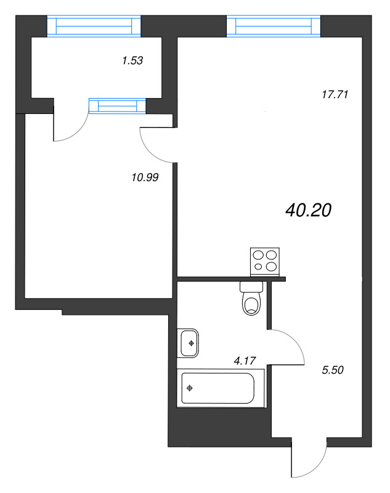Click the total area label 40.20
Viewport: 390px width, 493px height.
click(309, 211)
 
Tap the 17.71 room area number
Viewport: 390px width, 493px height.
click(336, 95)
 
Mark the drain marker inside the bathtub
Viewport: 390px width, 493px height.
click(190, 388)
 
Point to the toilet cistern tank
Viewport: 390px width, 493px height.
click(251, 287)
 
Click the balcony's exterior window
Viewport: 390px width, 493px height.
click(94, 26)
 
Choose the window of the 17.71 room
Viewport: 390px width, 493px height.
click(274, 26)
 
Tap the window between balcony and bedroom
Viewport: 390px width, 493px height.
click(117, 106)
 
